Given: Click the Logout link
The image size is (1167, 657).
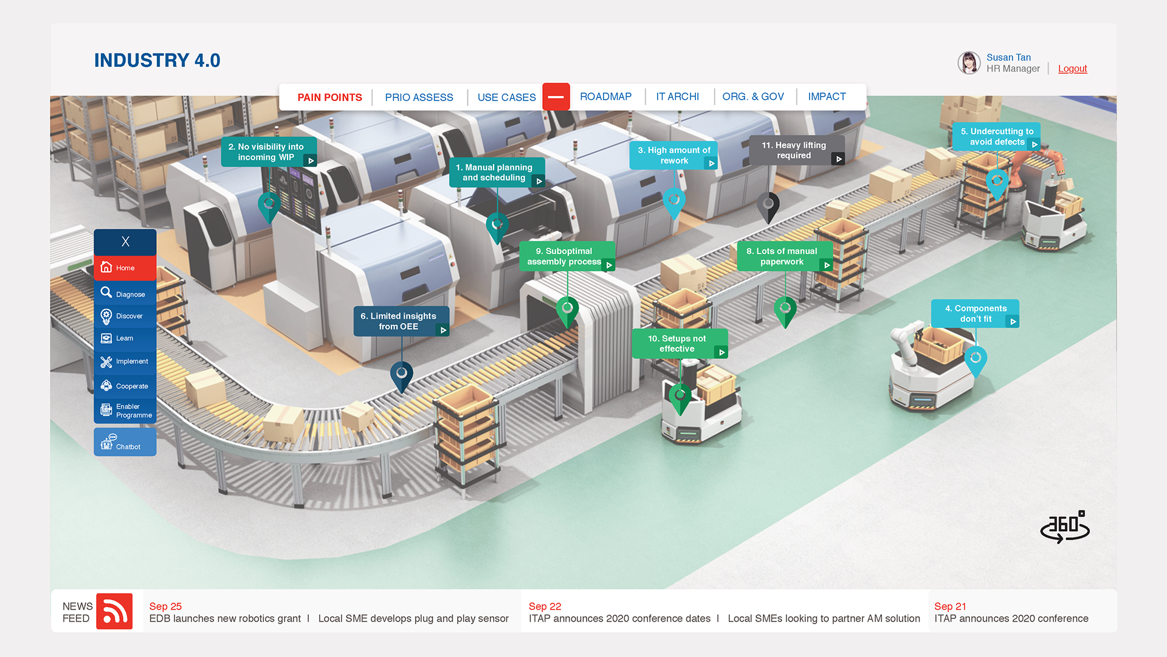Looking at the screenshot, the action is pyautogui.click(x=1072, y=69).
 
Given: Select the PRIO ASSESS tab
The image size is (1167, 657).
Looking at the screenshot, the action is pyautogui.click(x=419, y=97).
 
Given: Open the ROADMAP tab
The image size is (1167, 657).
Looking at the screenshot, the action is pyautogui.click(x=605, y=97).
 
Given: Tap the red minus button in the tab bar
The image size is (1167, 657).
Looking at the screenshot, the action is pyautogui.click(x=556, y=97).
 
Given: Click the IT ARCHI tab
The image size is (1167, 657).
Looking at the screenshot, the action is pyautogui.click(x=677, y=97).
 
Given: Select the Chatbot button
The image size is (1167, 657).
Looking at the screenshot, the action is pyautogui.click(x=125, y=442).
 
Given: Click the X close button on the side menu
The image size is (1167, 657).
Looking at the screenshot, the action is pyautogui.click(x=125, y=242).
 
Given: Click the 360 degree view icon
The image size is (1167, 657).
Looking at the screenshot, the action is pyautogui.click(x=1065, y=526).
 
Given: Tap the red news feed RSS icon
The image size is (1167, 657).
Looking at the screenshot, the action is pyautogui.click(x=114, y=611).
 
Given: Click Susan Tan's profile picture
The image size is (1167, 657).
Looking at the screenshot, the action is pyautogui.click(x=969, y=63).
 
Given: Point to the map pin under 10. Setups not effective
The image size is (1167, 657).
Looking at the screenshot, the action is pyautogui.click(x=680, y=397).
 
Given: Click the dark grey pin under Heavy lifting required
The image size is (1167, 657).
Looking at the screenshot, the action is pyautogui.click(x=768, y=206).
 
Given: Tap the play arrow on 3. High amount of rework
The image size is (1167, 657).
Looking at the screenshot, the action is pyautogui.click(x=711, y=164).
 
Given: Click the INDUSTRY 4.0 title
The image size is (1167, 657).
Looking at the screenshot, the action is pyautogui.click(x=157, y=60).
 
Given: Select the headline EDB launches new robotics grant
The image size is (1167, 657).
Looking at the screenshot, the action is pyautogui.click(x=225, y=619).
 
